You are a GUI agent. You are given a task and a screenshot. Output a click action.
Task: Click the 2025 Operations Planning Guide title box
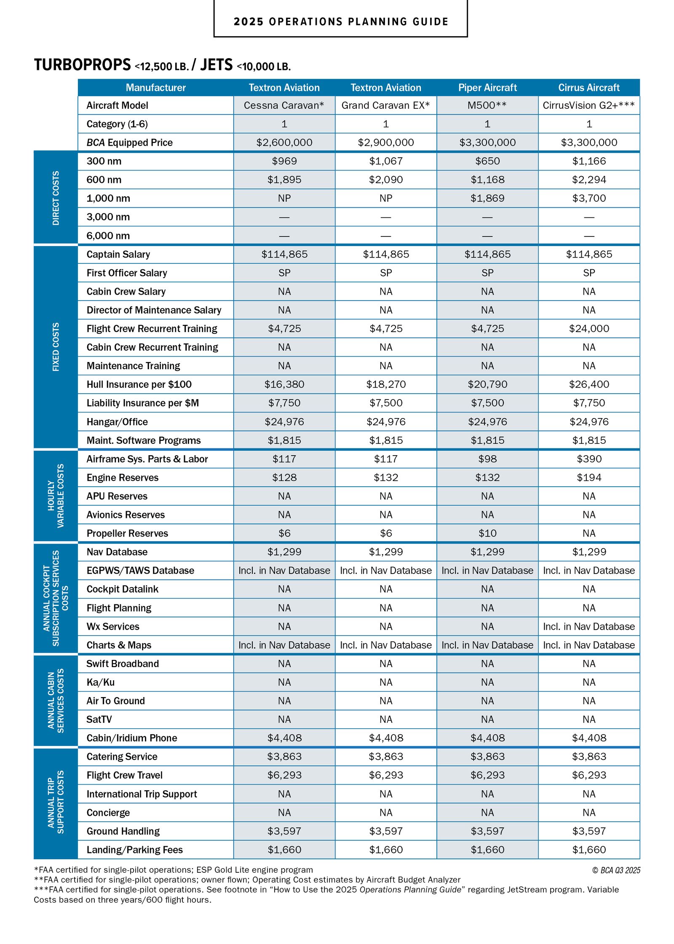(340, 21)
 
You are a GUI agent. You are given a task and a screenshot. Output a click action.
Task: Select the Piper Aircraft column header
(487, 88)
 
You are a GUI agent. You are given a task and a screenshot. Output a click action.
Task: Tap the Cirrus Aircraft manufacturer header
(588, 88)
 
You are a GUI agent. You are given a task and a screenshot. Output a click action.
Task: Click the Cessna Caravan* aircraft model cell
(284, 105)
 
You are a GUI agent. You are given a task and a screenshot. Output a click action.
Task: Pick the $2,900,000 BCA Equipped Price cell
(385, 142)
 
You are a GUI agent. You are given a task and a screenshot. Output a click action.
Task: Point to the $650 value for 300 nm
(487, 161)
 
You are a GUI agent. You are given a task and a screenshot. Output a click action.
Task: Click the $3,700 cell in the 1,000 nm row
(588, 198)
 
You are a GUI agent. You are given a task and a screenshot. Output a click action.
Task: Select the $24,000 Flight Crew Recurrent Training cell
(588, 329)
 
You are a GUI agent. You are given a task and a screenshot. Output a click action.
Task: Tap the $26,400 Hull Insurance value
(588, 384)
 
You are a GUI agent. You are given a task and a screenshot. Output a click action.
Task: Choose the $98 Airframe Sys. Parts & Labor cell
(487, 459)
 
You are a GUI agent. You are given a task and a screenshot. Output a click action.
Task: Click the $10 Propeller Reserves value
(487, 533)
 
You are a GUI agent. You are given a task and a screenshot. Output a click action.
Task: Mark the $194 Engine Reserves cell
(588, 477)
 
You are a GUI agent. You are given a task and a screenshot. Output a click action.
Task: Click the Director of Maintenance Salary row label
(154, 310)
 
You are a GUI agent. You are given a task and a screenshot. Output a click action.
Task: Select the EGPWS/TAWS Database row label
(140, 571)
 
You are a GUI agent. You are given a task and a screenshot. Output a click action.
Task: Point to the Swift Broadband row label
(123, 664)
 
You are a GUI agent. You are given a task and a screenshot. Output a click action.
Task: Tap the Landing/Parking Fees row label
(134, 850)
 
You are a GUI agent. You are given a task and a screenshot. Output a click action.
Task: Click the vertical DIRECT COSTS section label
(56, 198)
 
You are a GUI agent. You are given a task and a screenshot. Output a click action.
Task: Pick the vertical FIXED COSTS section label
(56, 347)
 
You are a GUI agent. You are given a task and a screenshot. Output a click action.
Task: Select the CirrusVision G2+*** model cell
(588, 105)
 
